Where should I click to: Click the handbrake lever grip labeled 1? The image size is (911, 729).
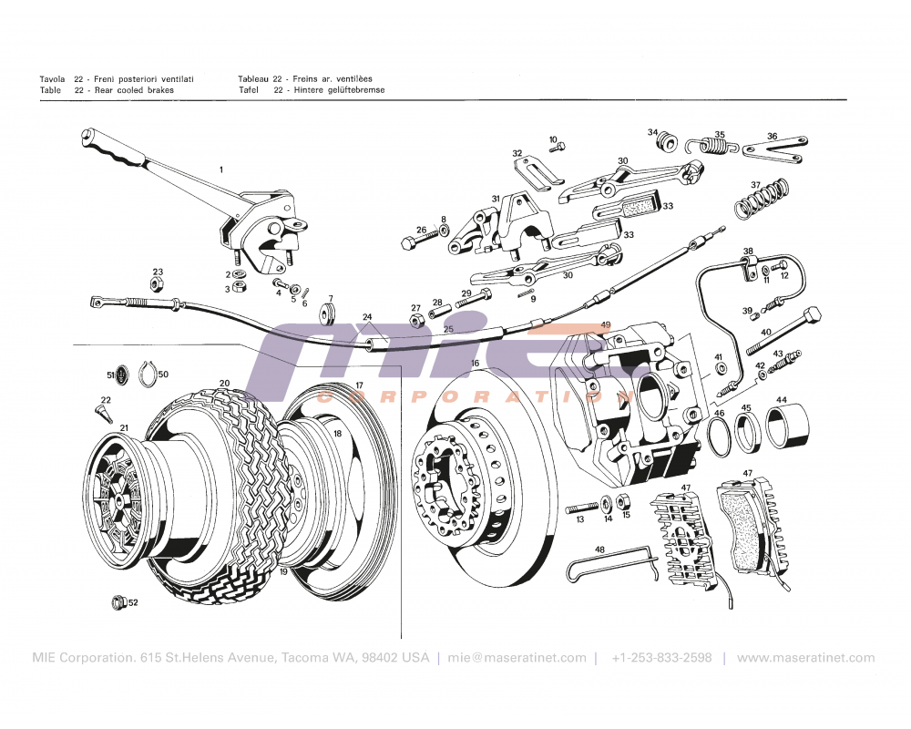(x=114, y=150)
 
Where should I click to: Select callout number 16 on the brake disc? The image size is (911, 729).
(x=475, y=364)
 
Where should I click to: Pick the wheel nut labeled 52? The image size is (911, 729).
(x=117, y=601)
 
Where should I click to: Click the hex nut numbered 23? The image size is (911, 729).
(x=156, y=284)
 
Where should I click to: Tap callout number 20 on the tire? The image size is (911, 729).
(x=224, y=384)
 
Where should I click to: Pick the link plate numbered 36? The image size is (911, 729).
(x=773, y=149)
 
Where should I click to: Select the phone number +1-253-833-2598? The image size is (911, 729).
(x=661, y=658)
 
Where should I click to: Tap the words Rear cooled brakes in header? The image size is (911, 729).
(x=133, y=90)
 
